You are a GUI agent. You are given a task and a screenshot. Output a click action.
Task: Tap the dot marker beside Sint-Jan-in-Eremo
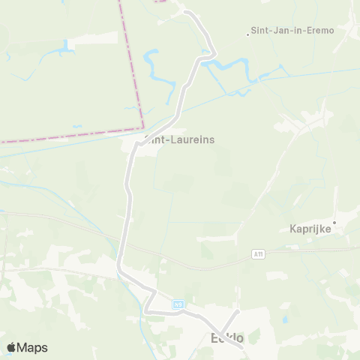point(249,33)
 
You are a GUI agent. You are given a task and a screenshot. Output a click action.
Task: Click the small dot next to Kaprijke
point(335,222)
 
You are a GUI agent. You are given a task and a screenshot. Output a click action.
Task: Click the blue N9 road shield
point(178,304)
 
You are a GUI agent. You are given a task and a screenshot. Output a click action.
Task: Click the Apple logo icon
point(12,347)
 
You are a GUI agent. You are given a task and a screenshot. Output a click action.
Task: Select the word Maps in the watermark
point(33,347)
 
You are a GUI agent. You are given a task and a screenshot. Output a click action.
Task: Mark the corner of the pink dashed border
point(142,127)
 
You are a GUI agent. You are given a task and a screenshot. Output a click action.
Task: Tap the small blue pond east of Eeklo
point(285,319)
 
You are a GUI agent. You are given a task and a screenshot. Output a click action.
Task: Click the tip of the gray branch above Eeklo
point(237,311)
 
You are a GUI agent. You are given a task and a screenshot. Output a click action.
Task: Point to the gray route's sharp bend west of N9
point(148,309)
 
